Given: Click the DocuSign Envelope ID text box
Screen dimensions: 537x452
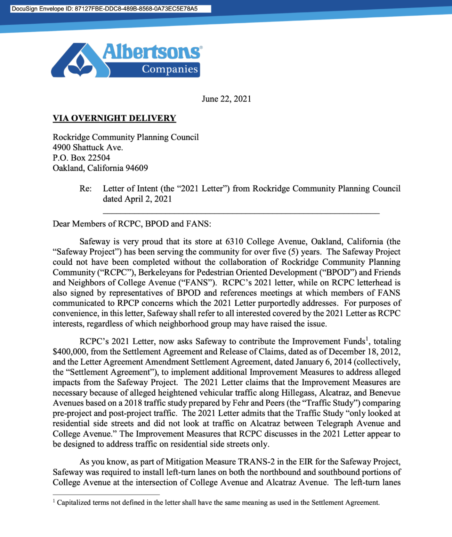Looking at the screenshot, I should [110, 9].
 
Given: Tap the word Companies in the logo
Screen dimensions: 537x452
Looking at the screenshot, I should [170, 69].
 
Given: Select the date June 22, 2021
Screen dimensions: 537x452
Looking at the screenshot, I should [226, 99].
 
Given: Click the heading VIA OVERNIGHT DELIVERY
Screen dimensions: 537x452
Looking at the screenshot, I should [114, 118].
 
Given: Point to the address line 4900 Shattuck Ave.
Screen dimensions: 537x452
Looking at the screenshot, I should [88, 147].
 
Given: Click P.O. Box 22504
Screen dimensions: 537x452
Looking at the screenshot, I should [81, 158].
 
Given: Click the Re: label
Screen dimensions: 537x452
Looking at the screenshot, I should [86, 189].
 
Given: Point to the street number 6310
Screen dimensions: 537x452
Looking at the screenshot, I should [235, 241].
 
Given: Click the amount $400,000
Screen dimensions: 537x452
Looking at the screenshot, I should [70, 352].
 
